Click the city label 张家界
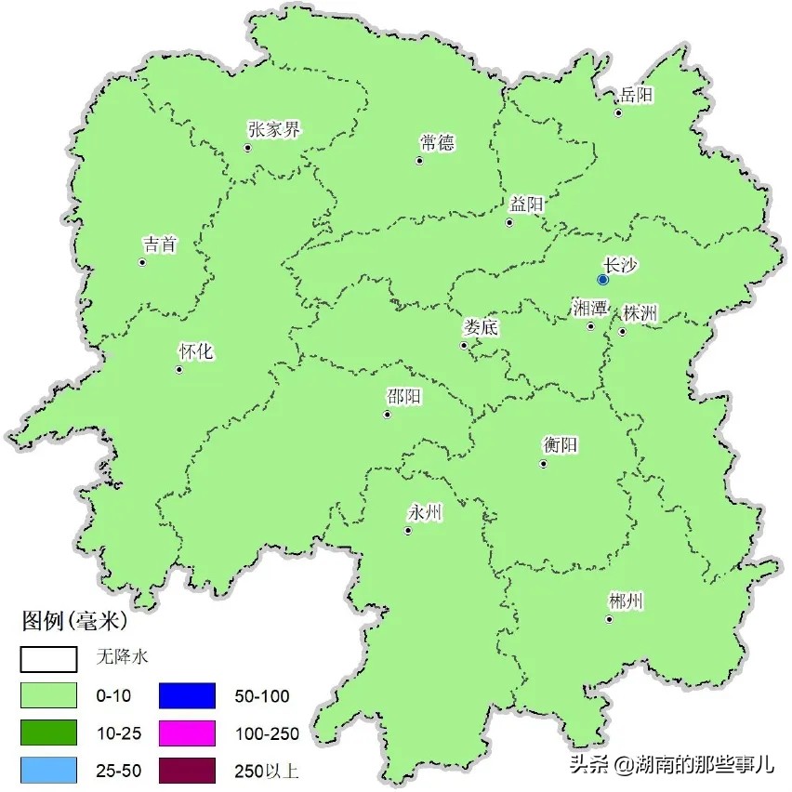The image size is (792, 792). (274, 130)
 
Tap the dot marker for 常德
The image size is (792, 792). (419, 161)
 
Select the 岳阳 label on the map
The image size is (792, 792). (638, 95)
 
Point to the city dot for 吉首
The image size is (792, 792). (142, 262)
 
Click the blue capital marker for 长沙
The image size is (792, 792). (602, 279)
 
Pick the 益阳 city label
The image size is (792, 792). (526, 205)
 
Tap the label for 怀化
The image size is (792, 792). (196, 351)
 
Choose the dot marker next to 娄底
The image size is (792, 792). (464, 346)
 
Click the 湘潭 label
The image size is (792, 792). (590, 309)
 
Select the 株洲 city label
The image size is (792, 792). (640, 313)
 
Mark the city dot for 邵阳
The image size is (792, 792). (387, 415)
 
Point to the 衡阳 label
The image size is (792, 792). (561, 445)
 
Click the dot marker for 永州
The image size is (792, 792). (407, 531)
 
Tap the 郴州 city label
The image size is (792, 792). (625, 601)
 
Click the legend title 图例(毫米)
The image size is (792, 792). (74, 619)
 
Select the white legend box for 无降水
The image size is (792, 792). (48, 657)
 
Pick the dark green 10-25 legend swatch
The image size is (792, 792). (48, 733)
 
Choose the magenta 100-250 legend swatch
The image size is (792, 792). (187, 733)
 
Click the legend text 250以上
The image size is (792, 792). (266, 772)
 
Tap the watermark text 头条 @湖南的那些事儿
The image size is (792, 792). (671, 765)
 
